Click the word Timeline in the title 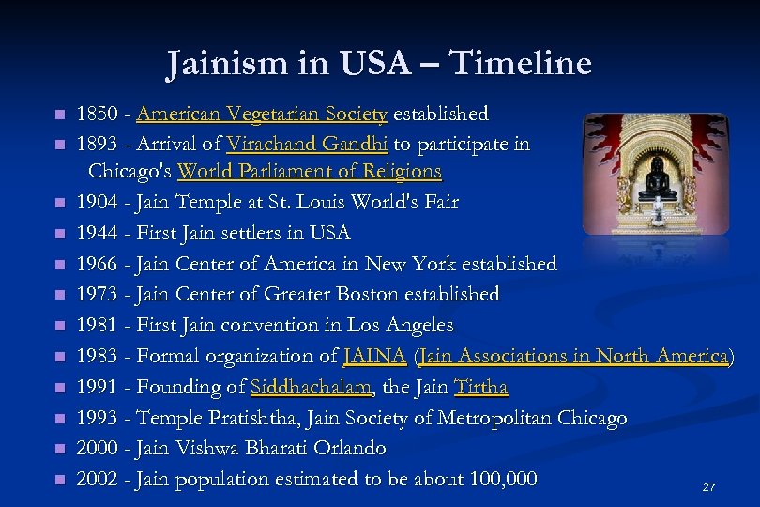(521, 63)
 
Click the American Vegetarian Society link (262, 115)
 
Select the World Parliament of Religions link (309, 172)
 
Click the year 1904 (96, 202)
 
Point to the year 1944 (96, 233)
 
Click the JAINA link (375, 356)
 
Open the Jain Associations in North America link (574, 356)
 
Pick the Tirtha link (480, 387)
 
